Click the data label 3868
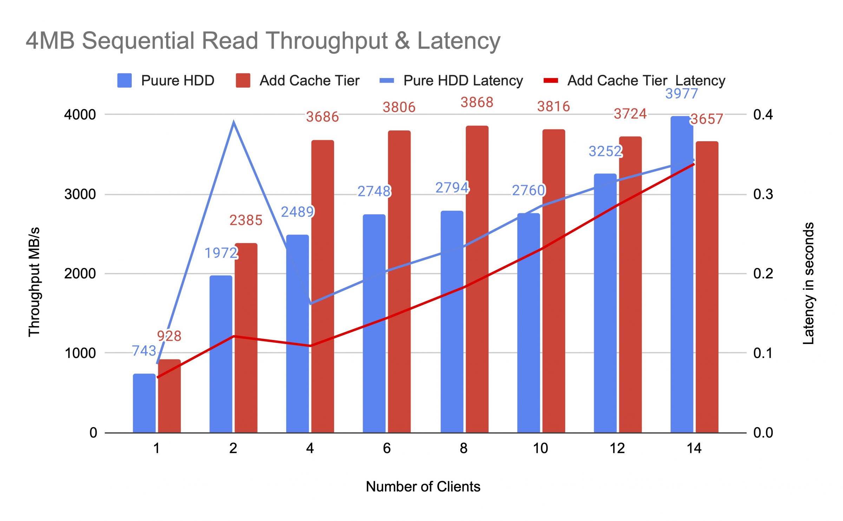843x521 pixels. point(477,103)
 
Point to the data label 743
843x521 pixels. point(144,351)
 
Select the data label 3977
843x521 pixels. point(681,94)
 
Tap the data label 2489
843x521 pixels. point(297,212)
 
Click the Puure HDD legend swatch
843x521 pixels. point(124,80)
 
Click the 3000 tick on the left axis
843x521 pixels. point(80,194)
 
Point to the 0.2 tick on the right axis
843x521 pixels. point(763,274)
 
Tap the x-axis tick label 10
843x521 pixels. point(540,448)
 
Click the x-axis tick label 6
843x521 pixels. point(387,448)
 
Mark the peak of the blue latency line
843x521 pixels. point(234,122)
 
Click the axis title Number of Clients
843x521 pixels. point(423,487)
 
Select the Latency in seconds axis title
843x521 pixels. point(809,283)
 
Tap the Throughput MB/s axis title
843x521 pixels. point(34,282)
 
